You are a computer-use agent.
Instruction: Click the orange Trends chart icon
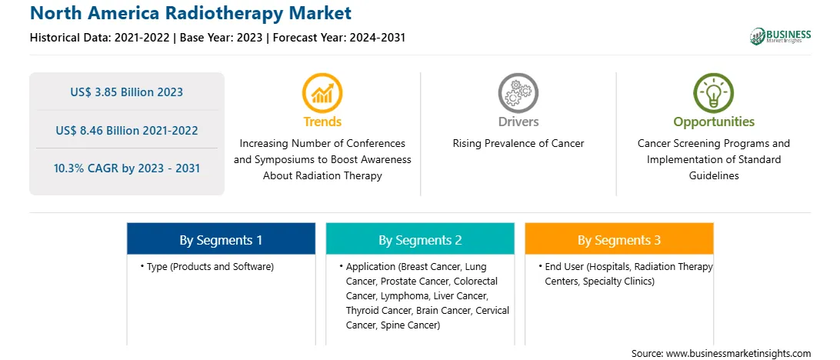click(322, 92)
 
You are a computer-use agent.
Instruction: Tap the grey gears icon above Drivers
click(518, 92)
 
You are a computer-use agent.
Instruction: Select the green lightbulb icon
click(714, 92)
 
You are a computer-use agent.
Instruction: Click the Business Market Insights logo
click(781, 36)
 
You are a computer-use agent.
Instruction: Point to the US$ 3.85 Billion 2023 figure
click(126, 92)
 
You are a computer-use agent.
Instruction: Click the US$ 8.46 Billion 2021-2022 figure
click(126, 130)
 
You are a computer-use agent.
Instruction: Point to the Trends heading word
click(322, 122)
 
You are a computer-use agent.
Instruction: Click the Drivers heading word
click(518, 122)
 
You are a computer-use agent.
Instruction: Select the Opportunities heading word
click(714, 122)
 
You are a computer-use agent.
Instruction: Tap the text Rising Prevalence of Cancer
click(518, 144)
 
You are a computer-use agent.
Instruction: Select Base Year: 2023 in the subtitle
click(222, 38)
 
